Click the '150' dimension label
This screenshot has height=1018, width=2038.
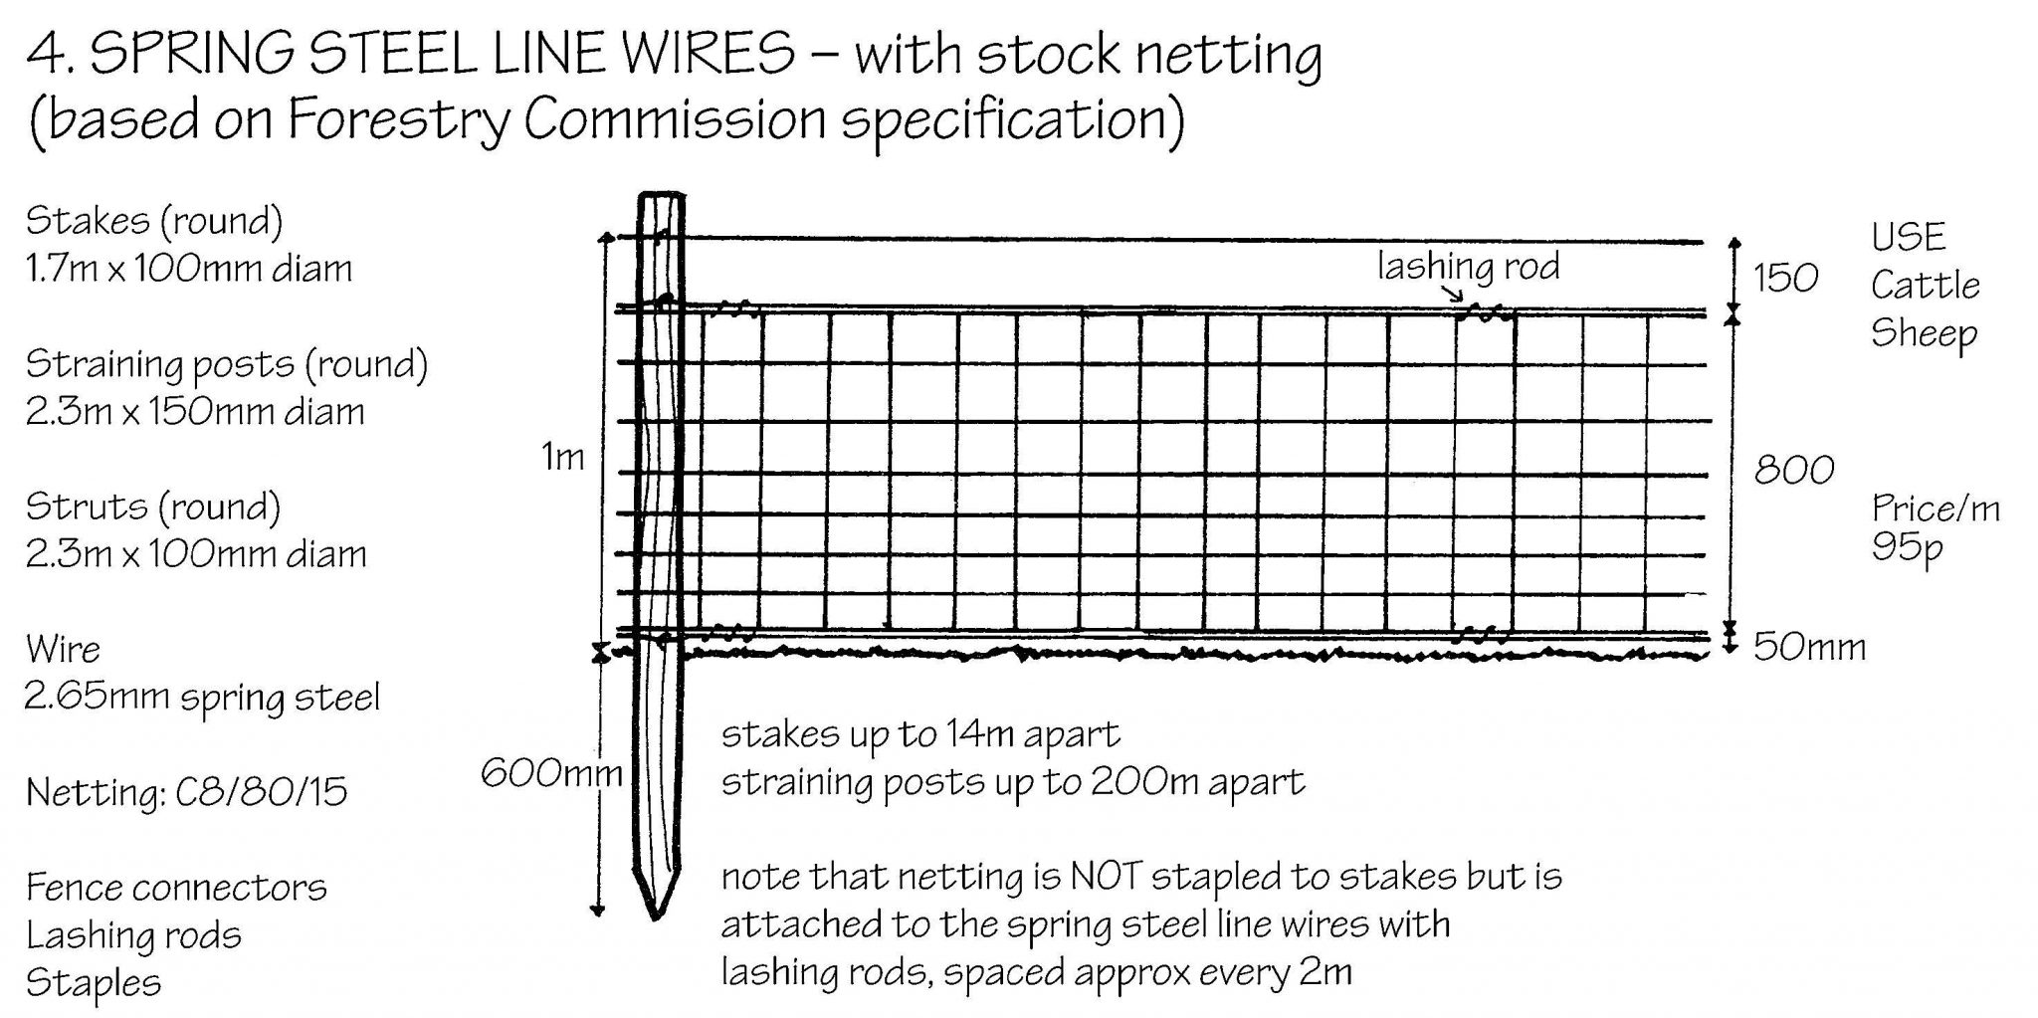pyautogui.click(x=1786, y=278)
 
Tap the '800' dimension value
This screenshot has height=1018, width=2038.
pyautogui.click(x=1794, y=470)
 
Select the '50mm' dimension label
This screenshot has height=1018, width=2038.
pyautogui.click(x=1809, y=648)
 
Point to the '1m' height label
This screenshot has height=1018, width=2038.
pyautogui.click(x=563, y=457)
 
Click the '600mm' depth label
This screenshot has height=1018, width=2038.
pyautogui.click(x=552, y=773)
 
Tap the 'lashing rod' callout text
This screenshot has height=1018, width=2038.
pyautogui.click(x=1469, y=267)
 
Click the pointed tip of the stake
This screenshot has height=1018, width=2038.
pyautogui.click(x=655, y=917)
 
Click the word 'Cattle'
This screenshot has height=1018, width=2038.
pyautogui.click(x=1926, y=286)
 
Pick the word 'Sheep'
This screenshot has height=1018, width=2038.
pyautogui.click(x=1924, y=334)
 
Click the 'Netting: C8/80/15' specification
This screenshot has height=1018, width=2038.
pyautogui.click(x=187, y=793)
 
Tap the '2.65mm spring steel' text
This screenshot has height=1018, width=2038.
pyautogui.click(x=202, y=698)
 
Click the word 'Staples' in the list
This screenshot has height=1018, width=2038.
pyautogui.click(x=94, y=983)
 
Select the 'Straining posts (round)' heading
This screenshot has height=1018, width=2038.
pyautogui.click(x=227, y=365)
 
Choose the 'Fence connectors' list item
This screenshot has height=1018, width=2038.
pyautogui.click(x=176, y=888)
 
